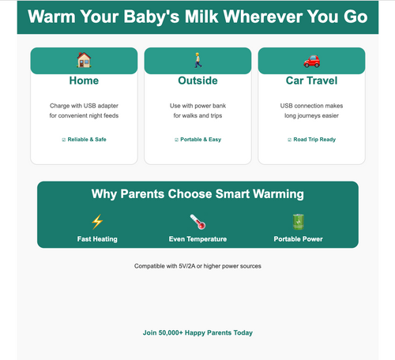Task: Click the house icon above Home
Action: [x=84, y=60]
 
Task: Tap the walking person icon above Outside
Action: [x=197, y=60]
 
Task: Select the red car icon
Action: [x=311, y=61]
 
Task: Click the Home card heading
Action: [x=84, y=81]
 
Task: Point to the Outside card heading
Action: [x=197, y=81]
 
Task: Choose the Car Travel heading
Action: [x=311, y=81]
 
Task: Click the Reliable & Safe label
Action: [x=87, y=140]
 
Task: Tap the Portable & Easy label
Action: [x=201, y=140]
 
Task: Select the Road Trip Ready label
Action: [x=314, y=140]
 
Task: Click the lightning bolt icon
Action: [x=97, y=222]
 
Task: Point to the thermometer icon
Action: [x=197, y=222]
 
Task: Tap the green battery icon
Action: [x=298, y=222]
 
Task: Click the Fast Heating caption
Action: [x=97, y=239]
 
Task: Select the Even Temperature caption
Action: [x=197, y=239]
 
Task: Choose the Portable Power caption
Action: [x=298, y=239]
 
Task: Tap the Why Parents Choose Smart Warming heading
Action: [x=197, y=194]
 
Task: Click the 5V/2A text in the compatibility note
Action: [x=187, y=266]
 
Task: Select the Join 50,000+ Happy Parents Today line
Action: [x=197, y=332]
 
